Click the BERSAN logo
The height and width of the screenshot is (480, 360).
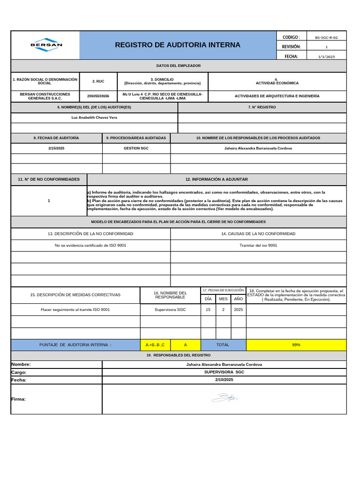point(46,45)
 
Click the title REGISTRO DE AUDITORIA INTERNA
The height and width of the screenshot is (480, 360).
point(177,45)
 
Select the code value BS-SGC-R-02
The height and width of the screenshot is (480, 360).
point(326,37)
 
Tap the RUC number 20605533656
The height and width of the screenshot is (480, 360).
point(98,96)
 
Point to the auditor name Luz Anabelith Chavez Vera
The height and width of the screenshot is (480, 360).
point(94,117)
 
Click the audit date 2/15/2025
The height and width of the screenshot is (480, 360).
point(56,148)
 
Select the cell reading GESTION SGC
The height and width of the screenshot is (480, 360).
point(136,148)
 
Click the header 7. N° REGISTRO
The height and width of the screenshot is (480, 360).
point(262,107)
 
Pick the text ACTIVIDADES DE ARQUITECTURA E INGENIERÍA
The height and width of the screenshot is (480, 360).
point(277,96)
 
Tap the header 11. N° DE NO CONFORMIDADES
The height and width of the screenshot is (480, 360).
point(49,180)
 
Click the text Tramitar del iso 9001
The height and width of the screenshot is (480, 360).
point(258,245)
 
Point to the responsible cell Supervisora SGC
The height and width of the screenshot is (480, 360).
point(170,310)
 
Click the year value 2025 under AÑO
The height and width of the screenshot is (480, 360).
point(239,310)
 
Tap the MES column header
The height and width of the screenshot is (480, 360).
point(223,299)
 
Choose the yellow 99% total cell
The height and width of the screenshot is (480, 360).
point(296,345)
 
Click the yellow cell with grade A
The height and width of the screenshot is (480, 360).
point(185,345)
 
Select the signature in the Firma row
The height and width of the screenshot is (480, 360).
point(225,398)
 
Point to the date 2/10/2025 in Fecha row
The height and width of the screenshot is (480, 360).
point(224,380)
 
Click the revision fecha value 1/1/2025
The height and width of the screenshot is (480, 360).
point(326,56)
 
